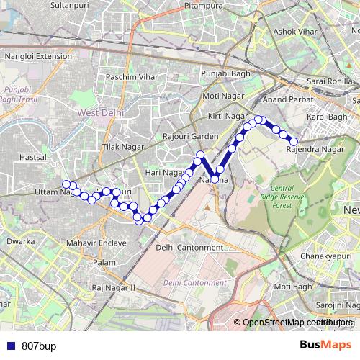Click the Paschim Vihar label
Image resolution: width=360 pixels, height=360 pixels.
[127, 76]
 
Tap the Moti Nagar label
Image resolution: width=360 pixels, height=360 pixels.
[220, 96]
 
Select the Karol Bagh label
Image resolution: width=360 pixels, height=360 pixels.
[327, 117]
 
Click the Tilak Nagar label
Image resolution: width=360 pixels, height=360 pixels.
[120, 147]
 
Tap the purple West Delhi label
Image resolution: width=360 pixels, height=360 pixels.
[100, 113]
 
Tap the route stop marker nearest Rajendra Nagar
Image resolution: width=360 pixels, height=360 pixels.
[294, 141]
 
